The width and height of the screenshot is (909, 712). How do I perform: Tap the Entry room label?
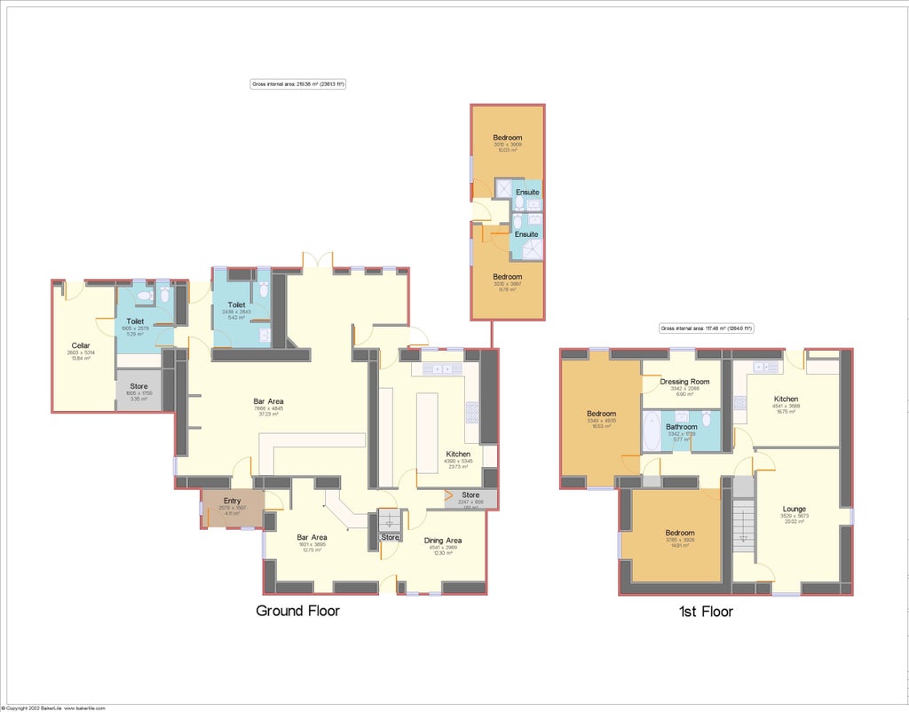(x=232, y=502)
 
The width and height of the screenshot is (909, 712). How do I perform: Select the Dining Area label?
(x=441, y=540)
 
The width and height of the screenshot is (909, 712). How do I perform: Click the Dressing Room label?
(x=684, y=382)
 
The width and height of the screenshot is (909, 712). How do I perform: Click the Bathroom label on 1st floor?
(x=682, y=427)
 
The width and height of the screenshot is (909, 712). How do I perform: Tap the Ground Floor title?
(x=297, y=611)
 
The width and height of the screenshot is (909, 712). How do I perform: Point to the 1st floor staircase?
(x=743, y=525)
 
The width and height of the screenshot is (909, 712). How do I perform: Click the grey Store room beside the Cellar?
(x=138, y=391)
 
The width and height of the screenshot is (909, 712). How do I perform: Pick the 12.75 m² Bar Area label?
(x=311, y=537)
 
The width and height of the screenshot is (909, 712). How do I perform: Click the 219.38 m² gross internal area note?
(x=297, y=84)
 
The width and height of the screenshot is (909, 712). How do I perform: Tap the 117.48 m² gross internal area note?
(x=707, y=328)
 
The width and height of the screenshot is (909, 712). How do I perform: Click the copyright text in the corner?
(x=55, y=708)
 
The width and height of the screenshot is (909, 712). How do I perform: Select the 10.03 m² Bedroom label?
(x=507, y=138)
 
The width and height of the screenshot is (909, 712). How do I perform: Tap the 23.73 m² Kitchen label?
(x=458, y=454)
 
